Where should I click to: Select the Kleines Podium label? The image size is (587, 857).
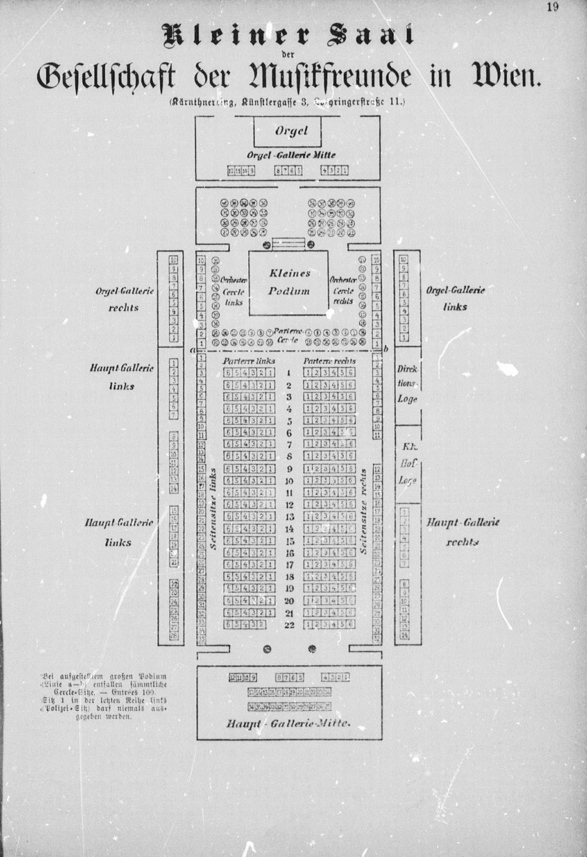click(289, 282)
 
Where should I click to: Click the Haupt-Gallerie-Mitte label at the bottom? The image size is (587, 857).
click(288, 723)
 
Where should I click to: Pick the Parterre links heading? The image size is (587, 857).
click(249, 362)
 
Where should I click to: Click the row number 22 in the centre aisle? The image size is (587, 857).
click(289, 625)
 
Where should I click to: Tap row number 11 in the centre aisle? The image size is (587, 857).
click(289, 492)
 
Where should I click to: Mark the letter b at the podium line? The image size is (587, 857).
click(386, 349)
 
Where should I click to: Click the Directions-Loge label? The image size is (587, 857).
click(407, 384)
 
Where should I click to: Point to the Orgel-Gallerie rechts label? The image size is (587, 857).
click(123, 299)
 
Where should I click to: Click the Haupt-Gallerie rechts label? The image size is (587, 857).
click(463, 531)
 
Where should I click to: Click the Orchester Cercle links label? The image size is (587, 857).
click(234, 291)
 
